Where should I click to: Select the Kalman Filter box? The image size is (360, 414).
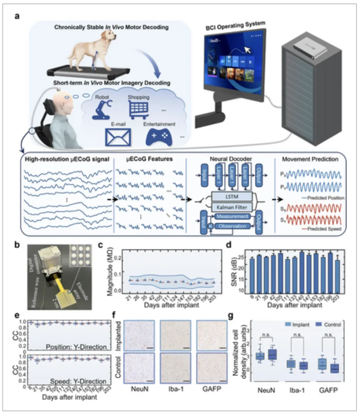point(231,206)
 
